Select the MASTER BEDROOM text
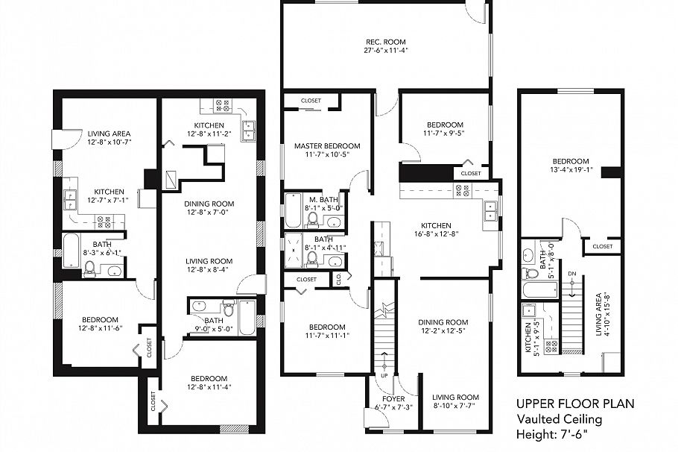tap(327, 146)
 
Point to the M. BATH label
tap(324, 199)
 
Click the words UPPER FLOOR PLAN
tap(575, 404)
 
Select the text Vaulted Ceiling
tap(560, 419)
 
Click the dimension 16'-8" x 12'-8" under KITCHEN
tap(436, 234)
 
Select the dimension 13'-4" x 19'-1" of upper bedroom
tap(571, 171)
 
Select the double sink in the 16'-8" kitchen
tap(492, 211)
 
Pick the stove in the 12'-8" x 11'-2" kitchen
tap(224, 105)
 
